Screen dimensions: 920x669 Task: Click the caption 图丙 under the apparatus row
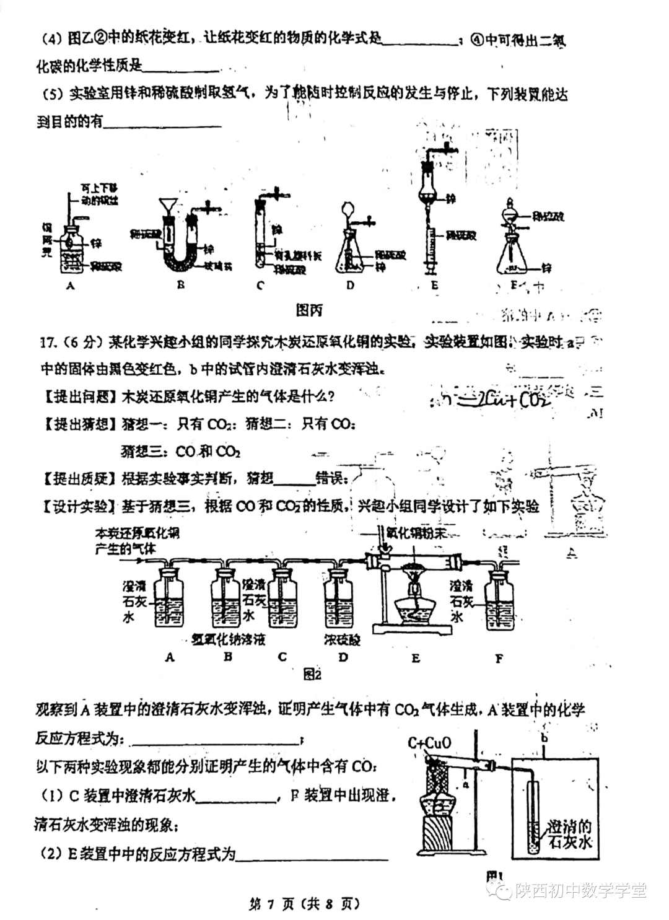[309, 310]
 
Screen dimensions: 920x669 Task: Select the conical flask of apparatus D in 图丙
[350, 253]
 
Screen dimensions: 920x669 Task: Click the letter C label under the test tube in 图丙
[260, 285]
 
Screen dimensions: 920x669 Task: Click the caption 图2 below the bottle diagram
[313, 674]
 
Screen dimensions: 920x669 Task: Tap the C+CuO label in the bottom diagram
[430, 742]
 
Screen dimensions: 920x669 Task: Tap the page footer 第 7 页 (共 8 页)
[304, 904]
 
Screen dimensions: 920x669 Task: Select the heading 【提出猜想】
[77, 424]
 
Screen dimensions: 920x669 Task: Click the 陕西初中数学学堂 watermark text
[580, 891]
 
